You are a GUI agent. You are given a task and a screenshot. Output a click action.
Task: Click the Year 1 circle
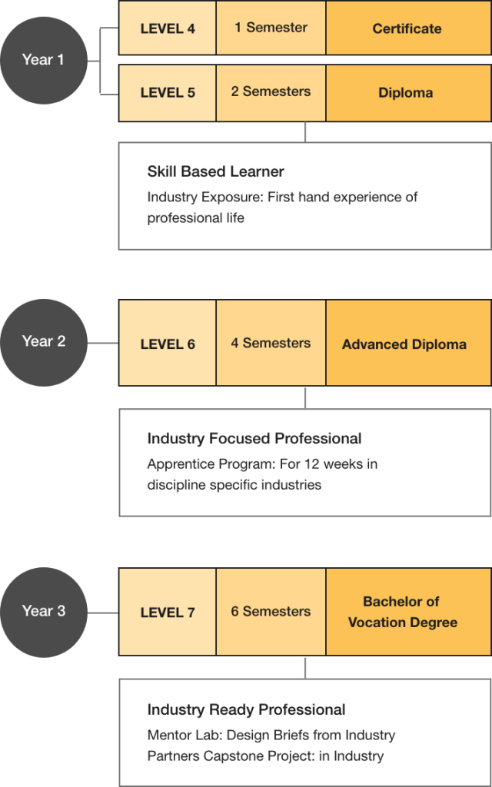tap(44, 60)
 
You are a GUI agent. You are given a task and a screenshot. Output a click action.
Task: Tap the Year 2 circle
tap(44, 342)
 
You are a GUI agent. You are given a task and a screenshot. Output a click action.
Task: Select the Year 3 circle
tap(44, 612)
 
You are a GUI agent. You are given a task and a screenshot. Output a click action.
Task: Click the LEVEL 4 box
tap(168, 28)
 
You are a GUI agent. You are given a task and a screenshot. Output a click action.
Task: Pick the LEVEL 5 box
tap(168, 92)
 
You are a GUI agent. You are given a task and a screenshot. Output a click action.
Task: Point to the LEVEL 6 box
tap(168, 344)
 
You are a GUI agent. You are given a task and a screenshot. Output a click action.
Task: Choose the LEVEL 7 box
tap(168, 613)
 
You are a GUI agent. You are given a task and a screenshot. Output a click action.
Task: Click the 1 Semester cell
tap(271, 28)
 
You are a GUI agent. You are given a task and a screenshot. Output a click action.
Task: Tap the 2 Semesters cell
tap(271, 92)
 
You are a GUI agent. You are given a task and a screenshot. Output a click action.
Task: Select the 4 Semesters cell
tap(271, 344)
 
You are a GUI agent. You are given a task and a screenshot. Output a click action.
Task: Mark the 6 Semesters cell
tap(271, 613)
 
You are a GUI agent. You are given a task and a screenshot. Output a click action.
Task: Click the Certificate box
tap(407, 28)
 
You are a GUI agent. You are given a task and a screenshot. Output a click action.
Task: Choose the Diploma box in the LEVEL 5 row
tap(407, 92)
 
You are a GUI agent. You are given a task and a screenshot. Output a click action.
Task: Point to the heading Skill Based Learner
tap(215, 171)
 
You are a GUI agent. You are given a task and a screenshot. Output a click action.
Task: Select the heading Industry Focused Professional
tap(254, 439)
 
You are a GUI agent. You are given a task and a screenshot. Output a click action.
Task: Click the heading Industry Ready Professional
tap(246, 709)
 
